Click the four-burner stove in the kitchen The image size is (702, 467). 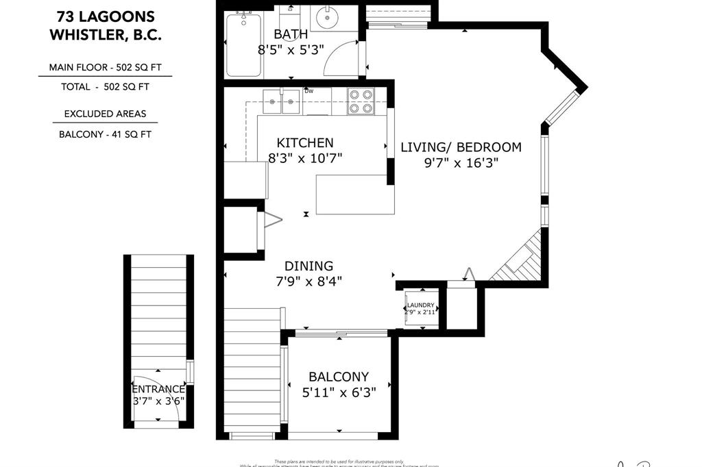360,101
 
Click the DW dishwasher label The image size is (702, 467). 309,91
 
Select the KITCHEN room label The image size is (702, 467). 305,142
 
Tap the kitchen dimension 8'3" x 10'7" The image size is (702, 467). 305,157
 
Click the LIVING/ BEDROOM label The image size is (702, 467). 461,147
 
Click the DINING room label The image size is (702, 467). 309,266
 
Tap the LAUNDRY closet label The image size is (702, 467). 421,305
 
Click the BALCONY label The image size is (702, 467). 339,377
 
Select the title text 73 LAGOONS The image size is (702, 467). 105,16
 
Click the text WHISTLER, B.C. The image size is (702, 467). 105,35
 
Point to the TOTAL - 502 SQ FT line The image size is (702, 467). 105,87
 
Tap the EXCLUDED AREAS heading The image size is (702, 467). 105,114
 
